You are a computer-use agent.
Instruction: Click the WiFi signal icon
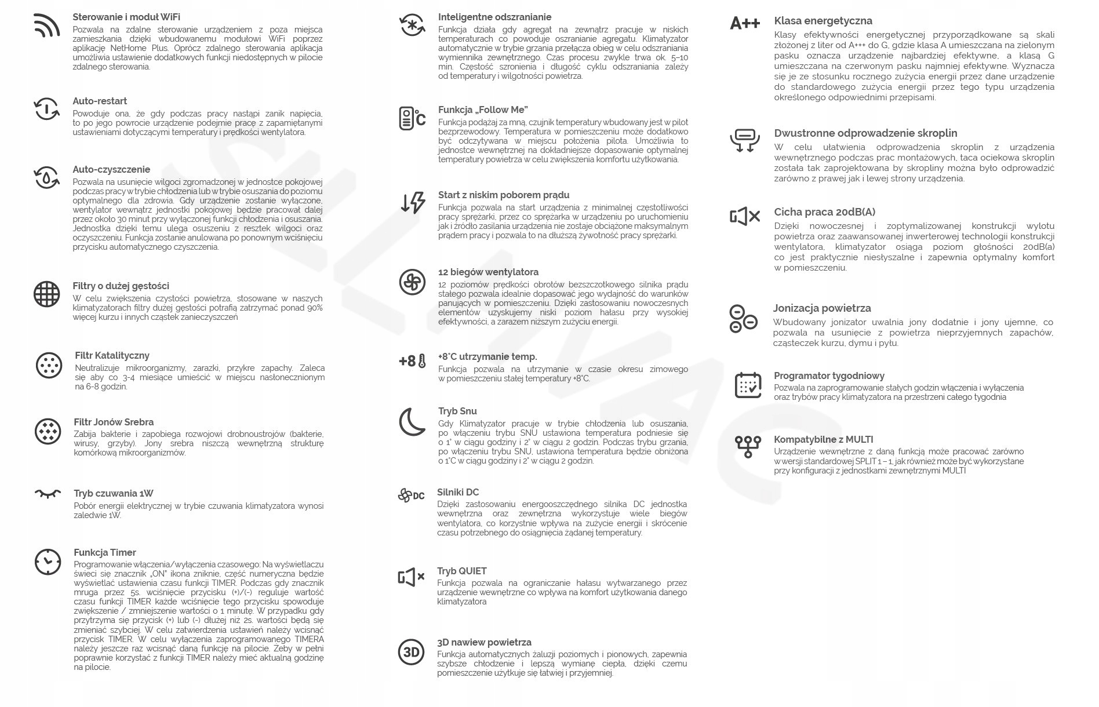(46, 25)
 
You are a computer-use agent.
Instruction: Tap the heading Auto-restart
(100, 101)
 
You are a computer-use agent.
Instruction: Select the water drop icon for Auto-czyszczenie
(46, 177)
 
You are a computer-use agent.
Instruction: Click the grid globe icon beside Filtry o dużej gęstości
(46, 294)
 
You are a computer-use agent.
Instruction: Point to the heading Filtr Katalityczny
(112, 356)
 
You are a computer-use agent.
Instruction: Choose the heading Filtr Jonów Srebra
(114, 422)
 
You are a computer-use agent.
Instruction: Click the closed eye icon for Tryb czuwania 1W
(48, 494)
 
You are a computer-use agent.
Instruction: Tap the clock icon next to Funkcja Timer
(48, 562)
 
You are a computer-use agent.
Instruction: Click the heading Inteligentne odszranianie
(494, 17)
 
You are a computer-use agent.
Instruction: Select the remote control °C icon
(412, 118)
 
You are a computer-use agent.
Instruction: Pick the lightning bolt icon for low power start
(413, 203)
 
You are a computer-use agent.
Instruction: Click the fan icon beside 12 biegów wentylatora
(412, 282)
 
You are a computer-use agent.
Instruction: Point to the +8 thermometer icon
(412, 361)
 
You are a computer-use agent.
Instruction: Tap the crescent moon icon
(412, 422)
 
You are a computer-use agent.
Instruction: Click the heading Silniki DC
(458, 493)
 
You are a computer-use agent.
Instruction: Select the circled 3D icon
(411, 652)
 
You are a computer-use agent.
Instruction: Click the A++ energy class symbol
(745, 24)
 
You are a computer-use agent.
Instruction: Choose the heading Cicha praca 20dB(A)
(824, 212)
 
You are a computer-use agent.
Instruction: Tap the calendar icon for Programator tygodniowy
(748, 385)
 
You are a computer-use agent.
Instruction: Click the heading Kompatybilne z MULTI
(823, 440)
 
